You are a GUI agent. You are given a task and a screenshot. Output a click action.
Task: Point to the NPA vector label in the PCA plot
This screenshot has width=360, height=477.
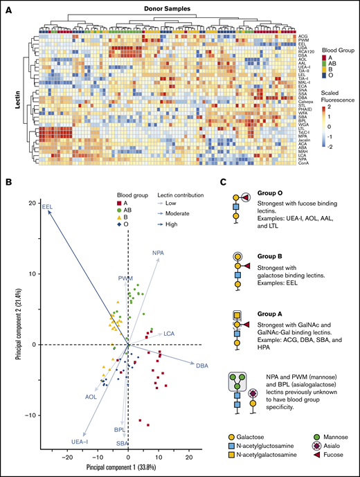(159, 254)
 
